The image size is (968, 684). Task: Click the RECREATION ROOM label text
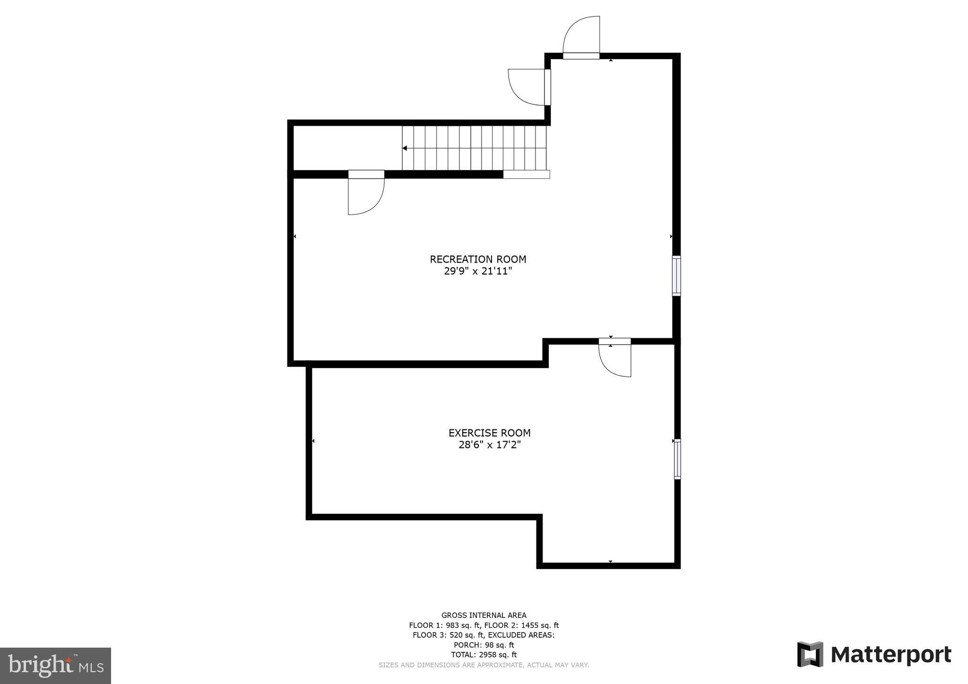[x=478, y=259]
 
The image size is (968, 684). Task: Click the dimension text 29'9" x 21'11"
[x=478, y=272]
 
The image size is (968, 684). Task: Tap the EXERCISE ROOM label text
[x=489, y=433]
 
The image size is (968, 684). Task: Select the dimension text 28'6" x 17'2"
[x=489, y=445]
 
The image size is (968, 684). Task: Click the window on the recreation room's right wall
[x=676, y=276]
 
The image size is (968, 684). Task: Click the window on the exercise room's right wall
[x=677, y=459]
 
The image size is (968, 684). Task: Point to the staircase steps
[x=475, y=148]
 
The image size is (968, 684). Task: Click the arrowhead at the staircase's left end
[x=405, y=148]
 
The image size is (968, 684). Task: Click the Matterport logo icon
[x=810, y=654]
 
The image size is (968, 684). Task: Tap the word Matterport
[x=891, y=655]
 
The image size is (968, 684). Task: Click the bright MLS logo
[x=55, y=666]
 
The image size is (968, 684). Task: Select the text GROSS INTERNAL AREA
[x=484, y=615]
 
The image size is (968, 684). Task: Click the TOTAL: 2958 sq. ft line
[x=484, y=655]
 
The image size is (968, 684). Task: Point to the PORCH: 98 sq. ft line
[x=484, y=645]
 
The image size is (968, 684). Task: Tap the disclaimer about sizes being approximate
[x=484, y=665]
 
